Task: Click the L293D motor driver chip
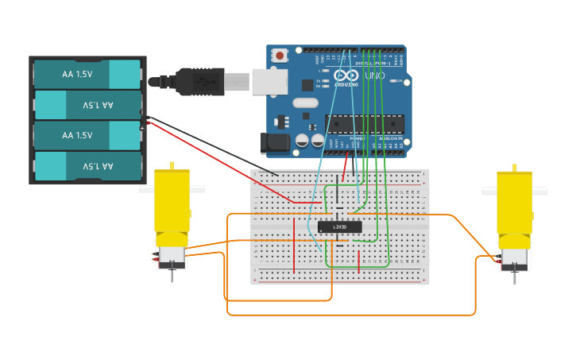coord(339,227)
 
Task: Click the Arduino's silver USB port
coord(269,82)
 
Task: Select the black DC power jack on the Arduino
coord(275,143)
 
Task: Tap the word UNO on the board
coord(374,76)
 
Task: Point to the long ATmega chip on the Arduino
coord(365,123)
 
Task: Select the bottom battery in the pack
coord(87,166)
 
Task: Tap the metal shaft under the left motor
coord(172,276)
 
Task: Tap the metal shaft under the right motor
coord(515,277)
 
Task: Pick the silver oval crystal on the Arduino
coord(305,103)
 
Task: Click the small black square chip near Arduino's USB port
coord(307,84)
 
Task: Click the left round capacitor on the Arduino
coord(302,141)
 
